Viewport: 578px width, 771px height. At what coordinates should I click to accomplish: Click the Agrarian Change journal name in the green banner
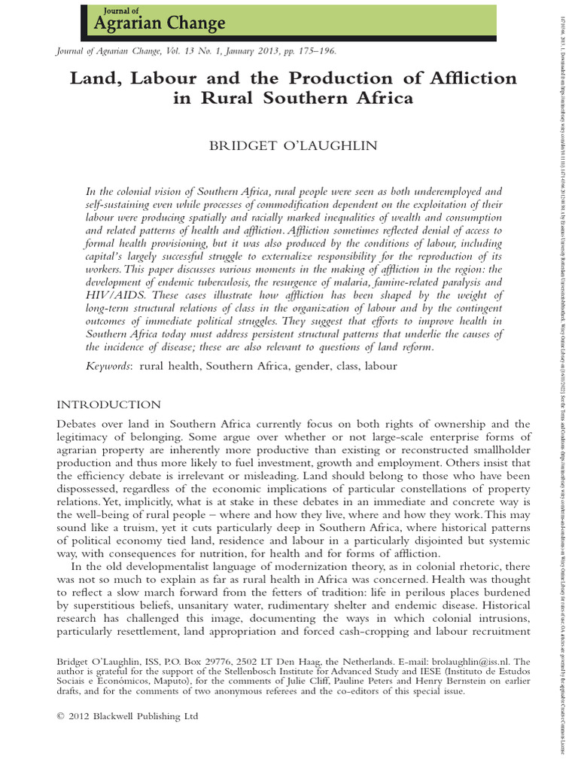(x=159, y=24)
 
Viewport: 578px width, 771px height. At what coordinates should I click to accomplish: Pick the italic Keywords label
(x=108, y=365)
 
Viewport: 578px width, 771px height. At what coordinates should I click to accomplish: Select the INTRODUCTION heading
(x=108, y=404)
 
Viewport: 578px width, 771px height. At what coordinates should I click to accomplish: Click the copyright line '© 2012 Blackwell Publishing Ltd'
(x=127, y=716)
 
